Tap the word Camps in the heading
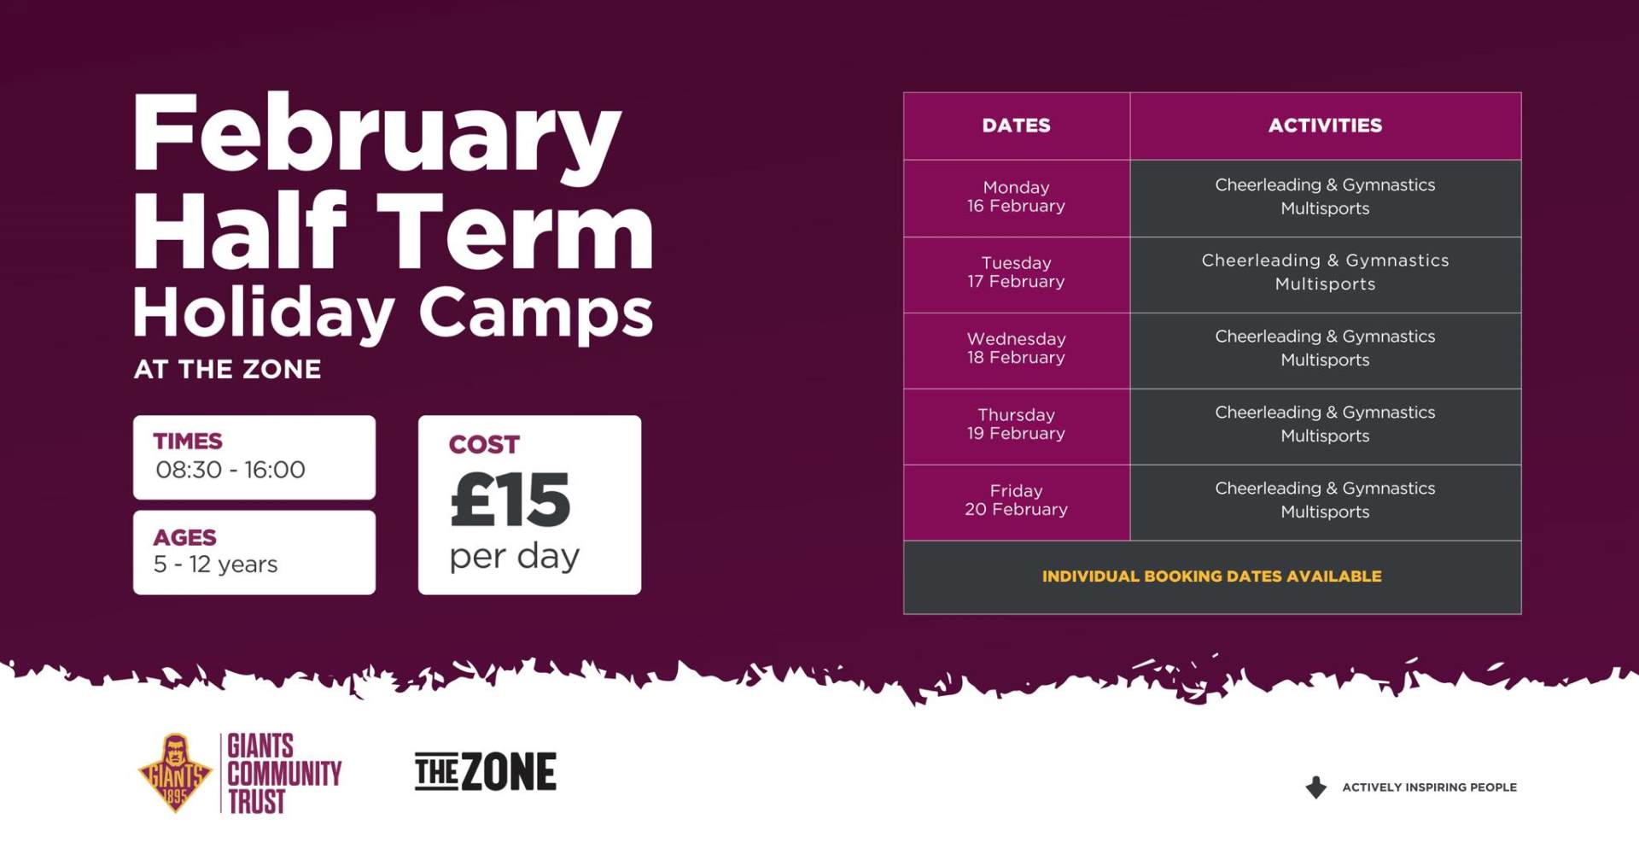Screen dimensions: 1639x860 536,313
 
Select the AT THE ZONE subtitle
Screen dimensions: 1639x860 227,369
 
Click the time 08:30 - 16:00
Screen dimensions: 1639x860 230,470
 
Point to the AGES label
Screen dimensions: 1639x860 184,537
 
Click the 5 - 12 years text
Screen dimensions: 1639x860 216,565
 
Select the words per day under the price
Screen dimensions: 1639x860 515,557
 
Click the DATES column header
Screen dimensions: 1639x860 1016,126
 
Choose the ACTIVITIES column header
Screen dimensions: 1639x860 1325,126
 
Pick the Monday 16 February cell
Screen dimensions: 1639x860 1016,197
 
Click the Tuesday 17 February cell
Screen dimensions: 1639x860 1016,273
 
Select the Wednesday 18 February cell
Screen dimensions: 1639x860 1016,349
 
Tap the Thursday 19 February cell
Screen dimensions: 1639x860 1016,425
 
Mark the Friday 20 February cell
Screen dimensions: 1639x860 1016,501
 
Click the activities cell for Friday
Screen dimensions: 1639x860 1326,501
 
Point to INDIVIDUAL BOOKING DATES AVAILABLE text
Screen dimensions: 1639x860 1212,576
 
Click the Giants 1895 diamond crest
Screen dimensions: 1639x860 175,773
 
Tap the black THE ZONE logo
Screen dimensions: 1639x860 485,772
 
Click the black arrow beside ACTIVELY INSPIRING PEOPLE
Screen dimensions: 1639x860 1316,787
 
